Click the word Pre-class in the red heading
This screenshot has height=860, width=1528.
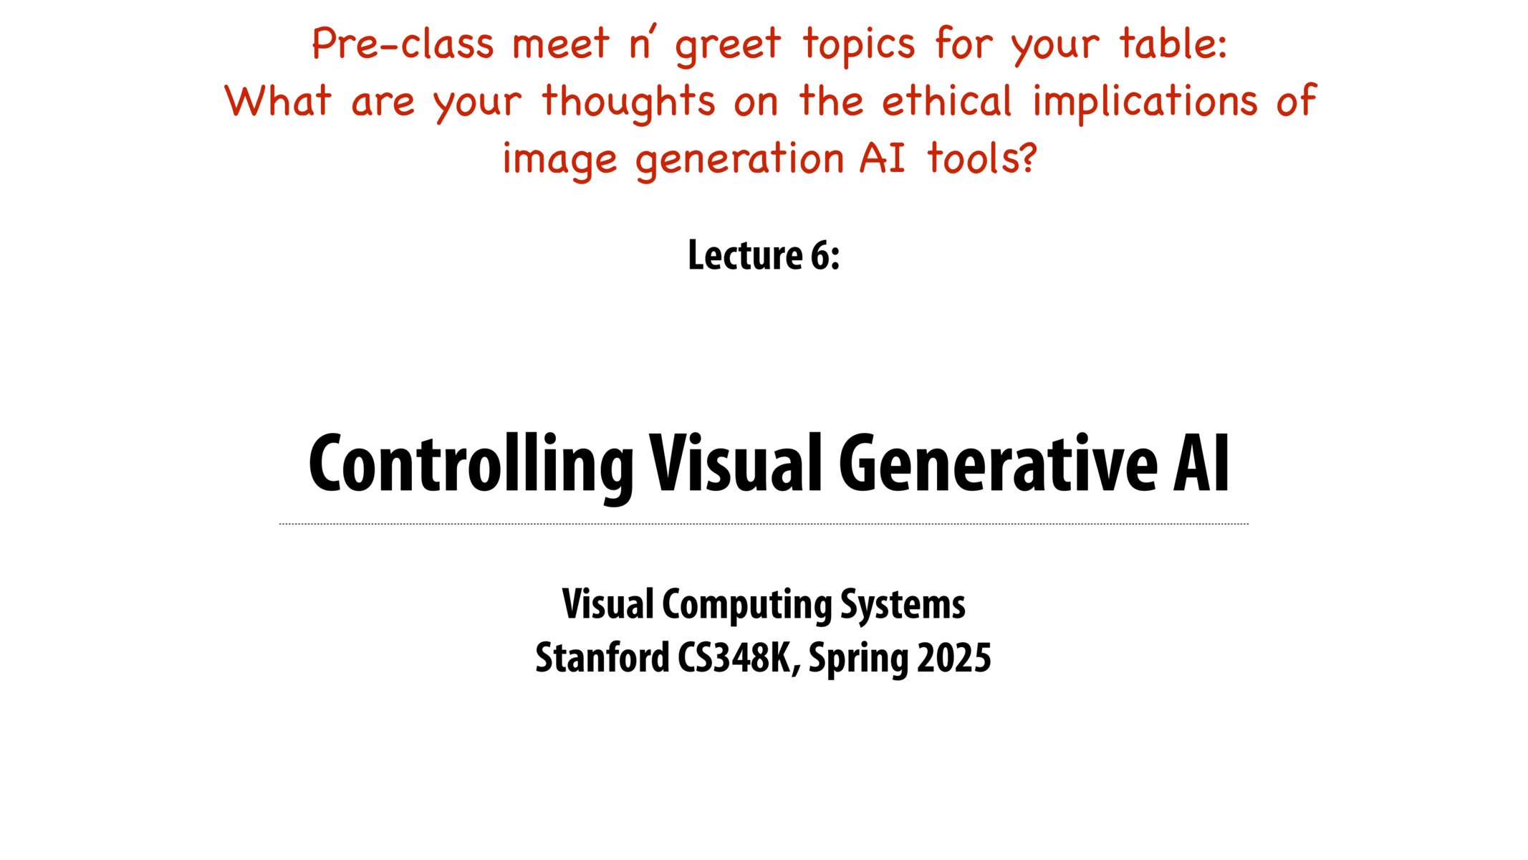[x=403, y=44]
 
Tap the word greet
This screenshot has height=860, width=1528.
[x=727, y=45]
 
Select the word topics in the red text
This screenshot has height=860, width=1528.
[x=858, y=45]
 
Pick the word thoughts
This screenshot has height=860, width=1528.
[x=628, y=102]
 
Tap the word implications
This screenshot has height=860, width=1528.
[x=1144, y=102]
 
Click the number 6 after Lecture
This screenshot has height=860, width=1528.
[x=824, y=255]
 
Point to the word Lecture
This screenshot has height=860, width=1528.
[x=745, y=255]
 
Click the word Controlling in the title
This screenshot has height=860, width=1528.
[x=471, y=465]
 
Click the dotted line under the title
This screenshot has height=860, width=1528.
[x=764, y=524]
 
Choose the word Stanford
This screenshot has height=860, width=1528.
[x=602, y=657]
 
